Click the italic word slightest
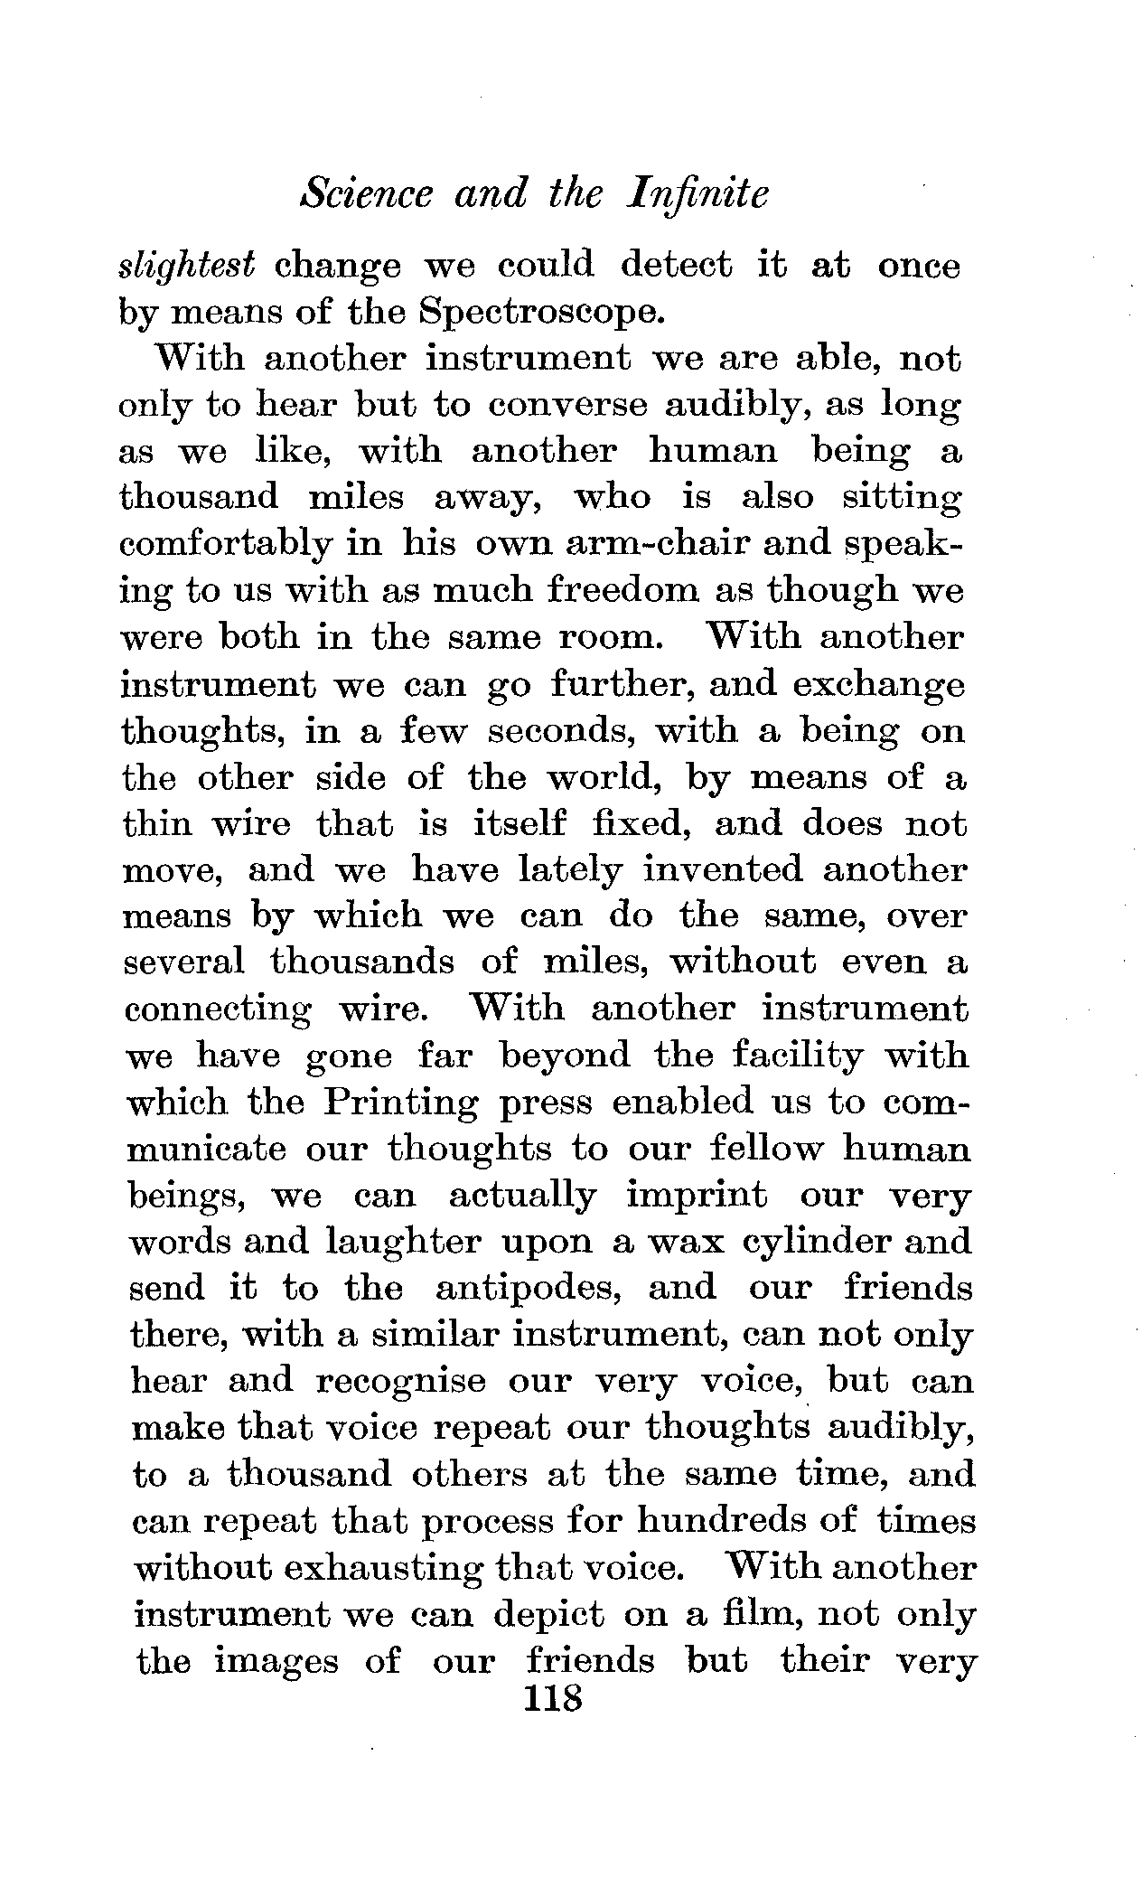(187, 265)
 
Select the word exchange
(877, 684)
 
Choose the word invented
(721, 869)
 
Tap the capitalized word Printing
(401, 1102)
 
